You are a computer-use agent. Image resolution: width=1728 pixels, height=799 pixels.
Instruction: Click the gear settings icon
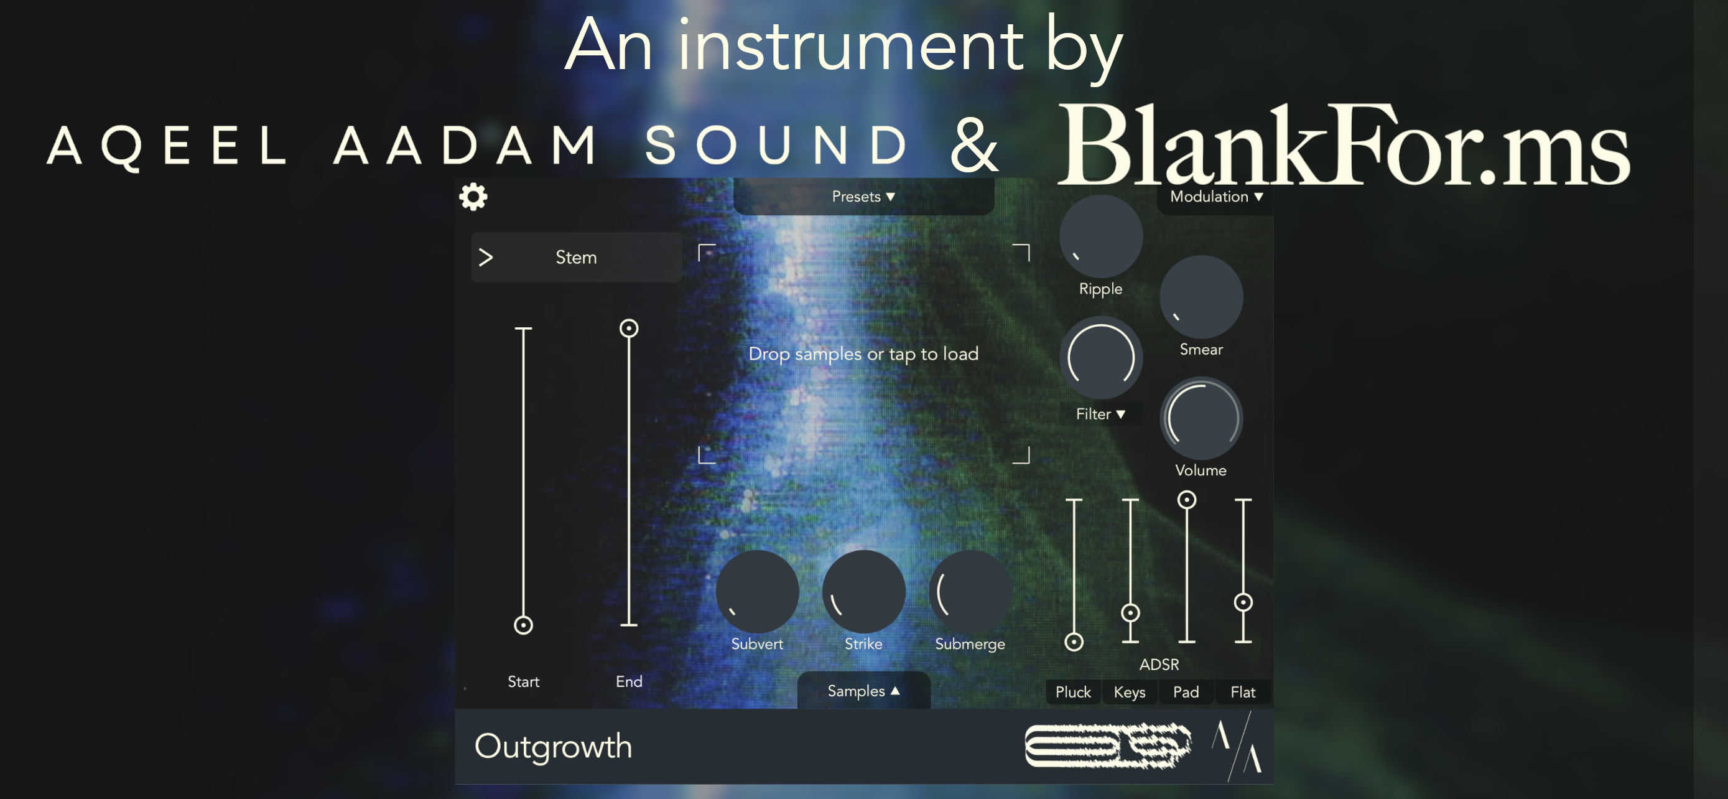pyautogui.click(x=473, y=197)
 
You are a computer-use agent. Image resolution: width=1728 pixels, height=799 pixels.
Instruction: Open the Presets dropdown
pyautogui.click(x=863, y=197)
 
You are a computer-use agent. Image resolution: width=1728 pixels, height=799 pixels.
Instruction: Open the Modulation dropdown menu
pyautogui.click(x=1215, y=197)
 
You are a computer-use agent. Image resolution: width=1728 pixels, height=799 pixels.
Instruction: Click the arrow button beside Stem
pyautogui.click(x=486, y=257)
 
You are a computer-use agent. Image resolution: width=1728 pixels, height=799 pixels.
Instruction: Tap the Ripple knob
pyautogui.click(x=1100, y=237)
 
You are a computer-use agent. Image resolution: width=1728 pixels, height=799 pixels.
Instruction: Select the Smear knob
pyautogui.click(x=1201, y=297)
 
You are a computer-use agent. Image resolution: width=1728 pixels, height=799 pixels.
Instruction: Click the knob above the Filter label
pyautogui.click(x=1100, y=358)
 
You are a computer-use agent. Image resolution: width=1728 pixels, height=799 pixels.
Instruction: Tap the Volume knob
pyautogui.click(x=1201, y=418)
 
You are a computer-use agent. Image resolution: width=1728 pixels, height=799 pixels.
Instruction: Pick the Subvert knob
pyautogui.click(x=756, y=592)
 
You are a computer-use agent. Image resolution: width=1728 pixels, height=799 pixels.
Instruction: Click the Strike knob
pyautogui.click(x=863, y=592)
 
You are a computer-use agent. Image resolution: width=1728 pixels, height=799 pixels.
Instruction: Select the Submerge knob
pyautogui.click(x=969, y=592)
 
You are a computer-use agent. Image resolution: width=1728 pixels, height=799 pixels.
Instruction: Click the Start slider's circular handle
pyautogui.click(x=523, y=625)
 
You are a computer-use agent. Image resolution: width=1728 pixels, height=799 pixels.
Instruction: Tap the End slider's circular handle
pyautogui.click(x=628, y=328)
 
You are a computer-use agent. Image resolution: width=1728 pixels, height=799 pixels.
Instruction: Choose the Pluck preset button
pyautogui.click(x=1072, y=692)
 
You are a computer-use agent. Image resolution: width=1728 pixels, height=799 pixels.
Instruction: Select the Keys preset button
pyautogui.click(x=1130, y=692)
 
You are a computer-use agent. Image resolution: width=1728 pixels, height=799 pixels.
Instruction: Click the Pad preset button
pyautogui.click(x=1186, y=692)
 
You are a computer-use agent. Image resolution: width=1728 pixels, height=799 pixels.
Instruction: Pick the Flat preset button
pyautogui.click(x=1242, y=692)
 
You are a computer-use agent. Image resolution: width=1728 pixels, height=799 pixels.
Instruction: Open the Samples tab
pyautogui.click(x=863, y=691)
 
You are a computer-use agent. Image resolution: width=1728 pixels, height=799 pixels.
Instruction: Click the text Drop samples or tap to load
pyautogui.click(x=863, y=353)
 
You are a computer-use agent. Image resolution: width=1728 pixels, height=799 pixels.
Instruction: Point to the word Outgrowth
pyautogui.click(x=553, y=747)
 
